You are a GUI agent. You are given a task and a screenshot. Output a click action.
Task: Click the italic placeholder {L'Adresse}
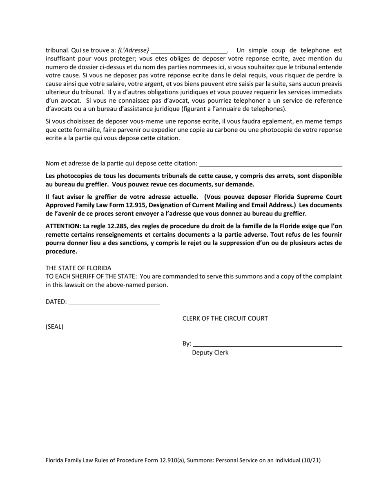coord(133,50)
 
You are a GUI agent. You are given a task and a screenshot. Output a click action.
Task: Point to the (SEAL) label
coord(54,327)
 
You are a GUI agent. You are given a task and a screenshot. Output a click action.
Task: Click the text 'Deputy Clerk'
coord(210,353)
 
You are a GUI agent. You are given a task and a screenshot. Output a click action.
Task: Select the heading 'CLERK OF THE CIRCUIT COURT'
coord(225,318)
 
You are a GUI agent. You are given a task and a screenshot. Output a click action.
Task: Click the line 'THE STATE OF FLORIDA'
coord(78,268)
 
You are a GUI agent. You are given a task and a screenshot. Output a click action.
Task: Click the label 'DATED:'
coord(56,302)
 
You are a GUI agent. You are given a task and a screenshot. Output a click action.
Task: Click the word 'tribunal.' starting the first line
coord(57,50)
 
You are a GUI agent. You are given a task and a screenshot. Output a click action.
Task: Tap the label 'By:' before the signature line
coord(187,344)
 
